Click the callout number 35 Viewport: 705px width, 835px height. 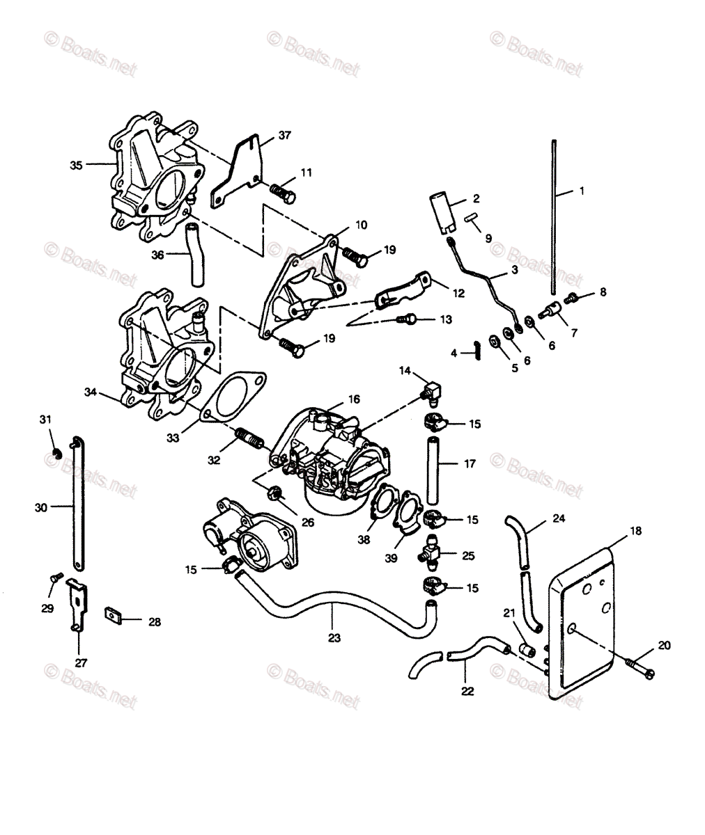coord(76,165)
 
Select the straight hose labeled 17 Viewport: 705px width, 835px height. coord(431,472)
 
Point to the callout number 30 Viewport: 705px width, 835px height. coord(41,508)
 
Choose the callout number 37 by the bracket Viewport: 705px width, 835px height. coord(265,135)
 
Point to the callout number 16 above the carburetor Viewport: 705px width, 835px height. coord(354,399)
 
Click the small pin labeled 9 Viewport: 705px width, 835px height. coord(472,218)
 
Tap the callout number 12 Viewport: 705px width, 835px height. coord(458,293)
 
